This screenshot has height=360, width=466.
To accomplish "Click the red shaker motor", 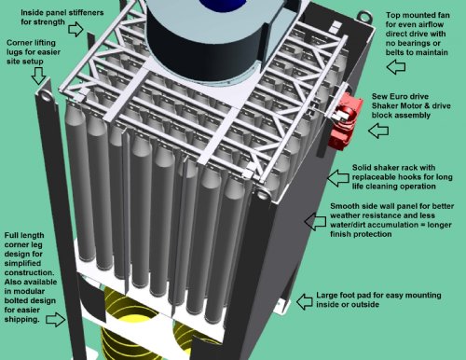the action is pos(346,122).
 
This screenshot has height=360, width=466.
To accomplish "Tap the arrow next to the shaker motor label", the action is pos(378,131).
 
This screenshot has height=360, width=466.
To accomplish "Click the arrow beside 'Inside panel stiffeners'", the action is pos(75,29).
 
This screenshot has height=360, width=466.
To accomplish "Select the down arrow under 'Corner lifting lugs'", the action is pos(38,76).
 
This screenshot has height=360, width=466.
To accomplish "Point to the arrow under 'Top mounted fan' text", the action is pos(396,67).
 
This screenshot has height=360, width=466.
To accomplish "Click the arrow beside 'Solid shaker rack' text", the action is pos(338,178).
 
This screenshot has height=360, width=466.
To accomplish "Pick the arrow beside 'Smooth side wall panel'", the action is pos(315,221).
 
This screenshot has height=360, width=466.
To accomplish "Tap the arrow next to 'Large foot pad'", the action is pos(305,301).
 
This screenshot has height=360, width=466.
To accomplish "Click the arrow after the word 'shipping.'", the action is pos(56,319).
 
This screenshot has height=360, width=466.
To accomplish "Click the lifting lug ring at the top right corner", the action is pos(364,15).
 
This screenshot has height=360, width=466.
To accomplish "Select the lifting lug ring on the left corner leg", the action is pos(46,95).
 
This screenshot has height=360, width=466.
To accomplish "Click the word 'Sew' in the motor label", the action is pos(379,96).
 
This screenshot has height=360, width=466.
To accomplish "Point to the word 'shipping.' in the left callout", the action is pos(22,319).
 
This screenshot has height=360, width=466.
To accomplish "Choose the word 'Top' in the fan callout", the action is pos(392,15).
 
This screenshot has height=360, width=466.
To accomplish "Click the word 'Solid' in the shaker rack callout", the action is pos(362,168).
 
